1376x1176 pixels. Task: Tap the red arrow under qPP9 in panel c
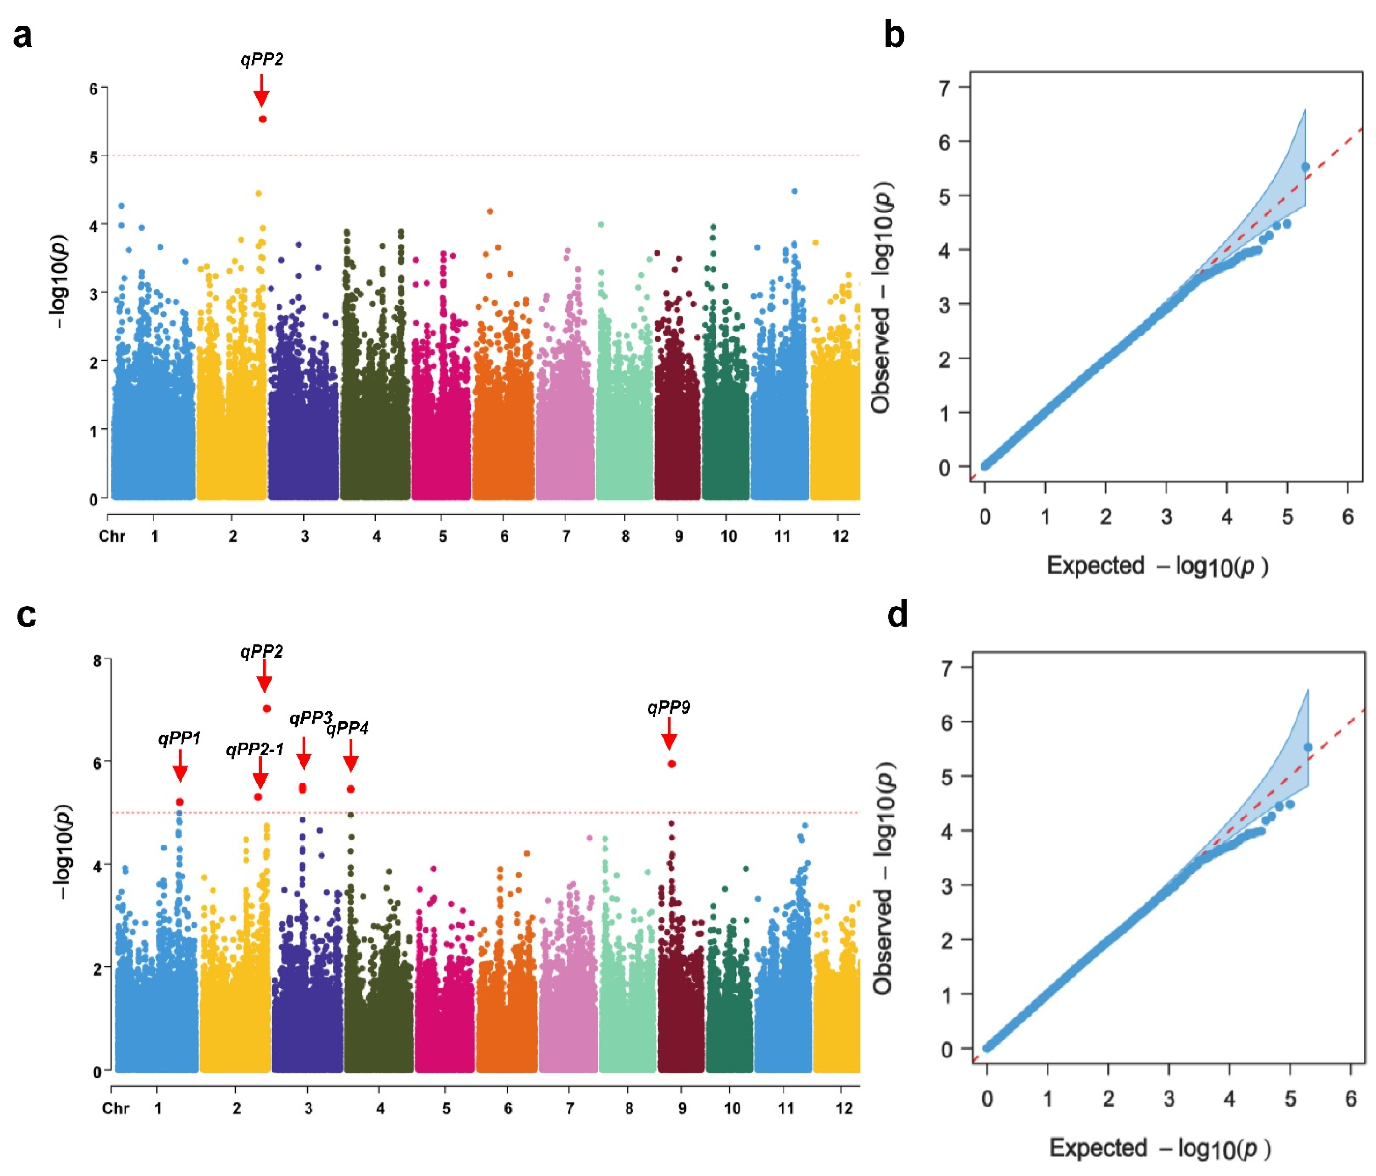669,734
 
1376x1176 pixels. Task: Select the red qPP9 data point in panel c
671,764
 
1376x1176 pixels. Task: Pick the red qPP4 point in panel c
351,789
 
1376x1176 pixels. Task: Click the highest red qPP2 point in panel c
266,708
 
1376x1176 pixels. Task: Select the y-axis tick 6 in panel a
94,89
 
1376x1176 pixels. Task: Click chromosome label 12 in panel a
840,536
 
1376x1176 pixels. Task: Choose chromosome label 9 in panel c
682,1108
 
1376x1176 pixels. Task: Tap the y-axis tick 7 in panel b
944,88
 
